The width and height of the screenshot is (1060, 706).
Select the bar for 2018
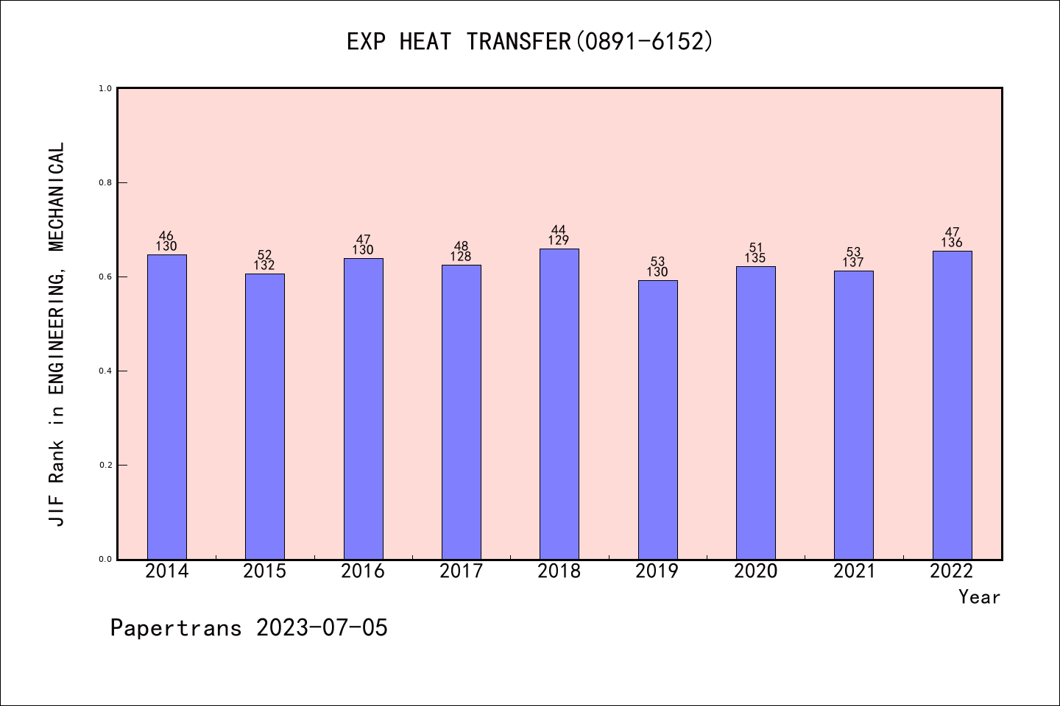559,404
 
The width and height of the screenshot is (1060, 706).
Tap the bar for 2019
657,419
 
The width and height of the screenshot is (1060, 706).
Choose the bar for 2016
363,408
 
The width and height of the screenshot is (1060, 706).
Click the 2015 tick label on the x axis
264,571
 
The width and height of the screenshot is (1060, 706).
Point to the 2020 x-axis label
755,571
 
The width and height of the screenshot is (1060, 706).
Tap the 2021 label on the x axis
854,571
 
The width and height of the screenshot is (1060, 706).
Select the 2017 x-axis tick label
461,571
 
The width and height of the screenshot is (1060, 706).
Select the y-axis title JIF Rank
57,334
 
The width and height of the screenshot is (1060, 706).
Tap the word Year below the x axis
979,597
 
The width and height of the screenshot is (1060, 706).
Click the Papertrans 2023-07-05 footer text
249,628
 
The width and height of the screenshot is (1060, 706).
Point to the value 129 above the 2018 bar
559,240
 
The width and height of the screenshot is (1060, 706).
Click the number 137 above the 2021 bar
853,263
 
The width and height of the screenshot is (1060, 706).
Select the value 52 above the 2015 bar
264,255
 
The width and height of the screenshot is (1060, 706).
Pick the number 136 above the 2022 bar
952,243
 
